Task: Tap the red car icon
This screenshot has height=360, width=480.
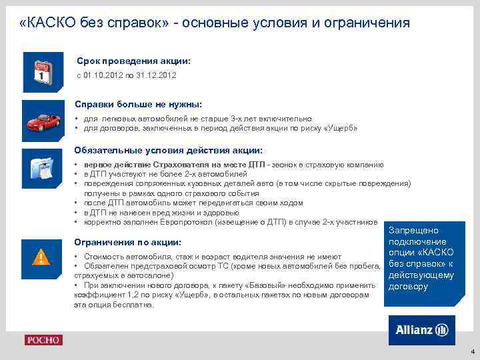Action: (43, 119)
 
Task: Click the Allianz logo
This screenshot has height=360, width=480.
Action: (421, 330)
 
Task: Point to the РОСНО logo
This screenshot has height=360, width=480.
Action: (43, 340)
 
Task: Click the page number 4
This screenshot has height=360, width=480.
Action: (472, 351)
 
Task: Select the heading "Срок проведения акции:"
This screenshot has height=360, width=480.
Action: (133, 61)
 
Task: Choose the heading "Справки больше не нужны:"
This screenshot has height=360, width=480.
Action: (138, 105)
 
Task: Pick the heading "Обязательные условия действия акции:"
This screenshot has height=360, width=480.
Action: (168, 150)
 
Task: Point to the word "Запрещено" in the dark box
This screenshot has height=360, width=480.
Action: (417, 229)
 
